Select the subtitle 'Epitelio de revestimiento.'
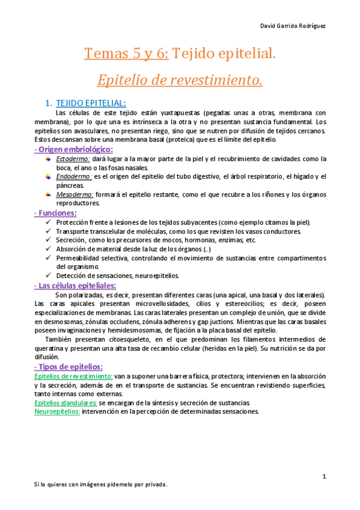click(x=180, y=80)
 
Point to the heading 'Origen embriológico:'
click(x=73, y=149)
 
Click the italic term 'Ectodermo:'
click(x=73, y=159)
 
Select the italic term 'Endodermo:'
click(x=74, y=177)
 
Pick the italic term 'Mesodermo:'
click(x=75, y=195)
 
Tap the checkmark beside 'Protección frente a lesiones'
click(x=49, y=223)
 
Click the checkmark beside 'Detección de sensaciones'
click(x=49, y=276)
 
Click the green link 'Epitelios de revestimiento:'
click(x=73, y=376)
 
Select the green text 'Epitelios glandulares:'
click(x=65, y=402)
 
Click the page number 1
click(x=324, y=477)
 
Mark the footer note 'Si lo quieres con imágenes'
click(x=100, y=484)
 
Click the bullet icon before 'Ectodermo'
click(x=48, y=159)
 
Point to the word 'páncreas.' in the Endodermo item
click(x=72, y=186)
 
